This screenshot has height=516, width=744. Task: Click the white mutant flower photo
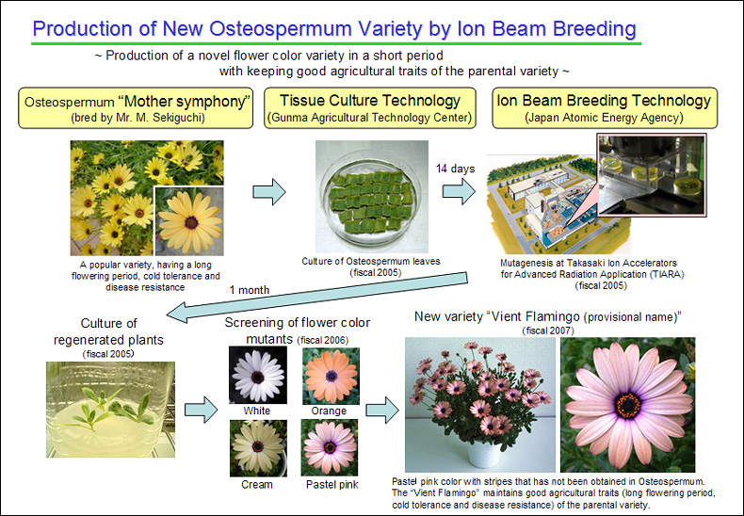pos(258,375)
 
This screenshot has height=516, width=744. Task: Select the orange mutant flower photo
pos(331,376)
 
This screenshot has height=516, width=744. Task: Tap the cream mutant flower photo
pos(258,447)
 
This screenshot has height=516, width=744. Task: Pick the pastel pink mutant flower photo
pos(330,447)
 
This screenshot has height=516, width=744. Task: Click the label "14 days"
pos(456,169)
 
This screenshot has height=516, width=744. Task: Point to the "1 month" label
pos(250,290)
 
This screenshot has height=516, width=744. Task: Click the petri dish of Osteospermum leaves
pos(370,198)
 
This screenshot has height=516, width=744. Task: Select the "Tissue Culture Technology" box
pos(370,107)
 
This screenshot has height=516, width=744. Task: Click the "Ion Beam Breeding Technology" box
pos(605,107)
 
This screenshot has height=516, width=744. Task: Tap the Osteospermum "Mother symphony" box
pos(136,107)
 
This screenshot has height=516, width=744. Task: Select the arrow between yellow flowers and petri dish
pos(269,191)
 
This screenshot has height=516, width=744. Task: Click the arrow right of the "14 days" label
pos(459,191)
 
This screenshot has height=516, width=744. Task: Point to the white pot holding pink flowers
pos(484,454)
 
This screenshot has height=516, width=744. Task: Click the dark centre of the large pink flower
pos(629,406)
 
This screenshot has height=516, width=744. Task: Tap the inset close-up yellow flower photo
pos(189,221)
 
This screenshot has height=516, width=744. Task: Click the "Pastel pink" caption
pos(332,484)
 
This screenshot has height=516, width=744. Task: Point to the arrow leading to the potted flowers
pos(382,410)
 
